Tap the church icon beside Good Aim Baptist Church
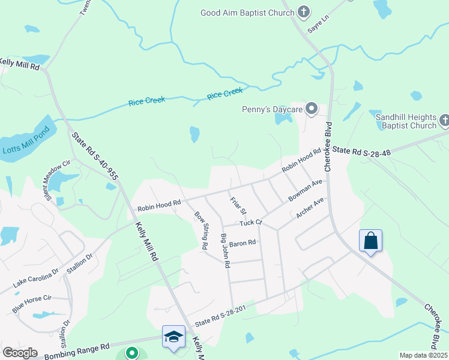[304, 11]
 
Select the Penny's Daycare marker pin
[311, 109]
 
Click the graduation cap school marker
[173, 336]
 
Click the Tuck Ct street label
[251, 223]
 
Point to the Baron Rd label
[243, 243]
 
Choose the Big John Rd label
[226, 251]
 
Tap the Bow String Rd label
[201, 230]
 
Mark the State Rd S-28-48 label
[362, 152]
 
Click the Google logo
[20, 352]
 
